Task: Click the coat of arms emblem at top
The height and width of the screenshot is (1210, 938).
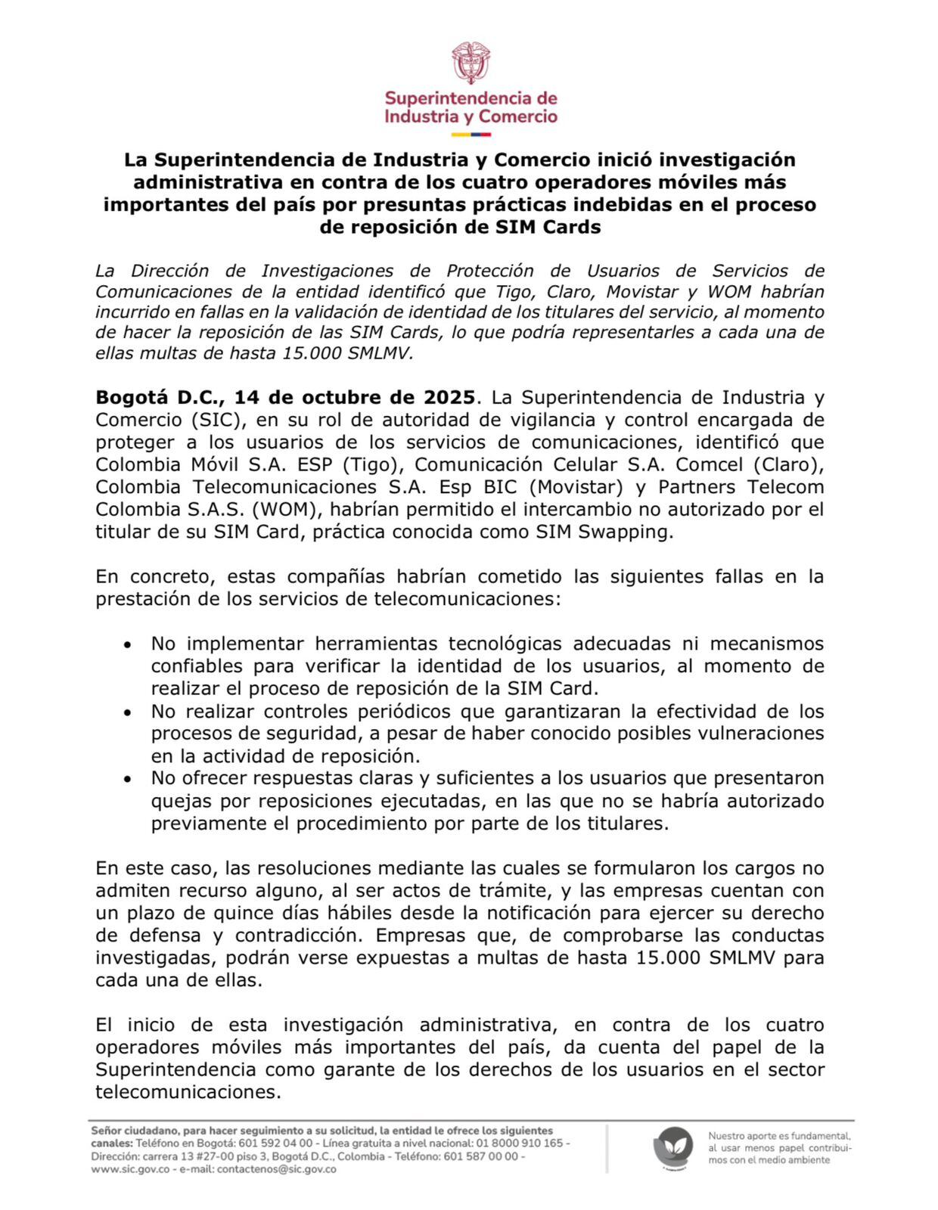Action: (471, 62)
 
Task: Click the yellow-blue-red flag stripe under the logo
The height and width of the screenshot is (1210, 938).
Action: (471, 135)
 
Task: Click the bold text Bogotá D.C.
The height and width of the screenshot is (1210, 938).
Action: (157, 397)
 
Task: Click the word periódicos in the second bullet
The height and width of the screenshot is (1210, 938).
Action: (388, 712)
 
